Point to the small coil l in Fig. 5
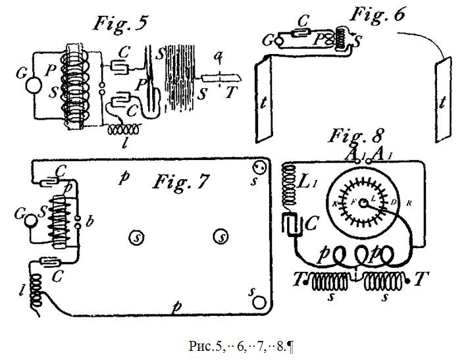pyautogui.click(x=126, y=130)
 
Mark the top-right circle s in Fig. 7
pyautogui.click(x=261, y=166)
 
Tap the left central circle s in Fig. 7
pyautogui.click(x=137, y=235)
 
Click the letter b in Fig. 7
pyautogui.click(x=90, y=221)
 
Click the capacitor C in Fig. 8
pyautogui.click(x=292, y=224)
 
